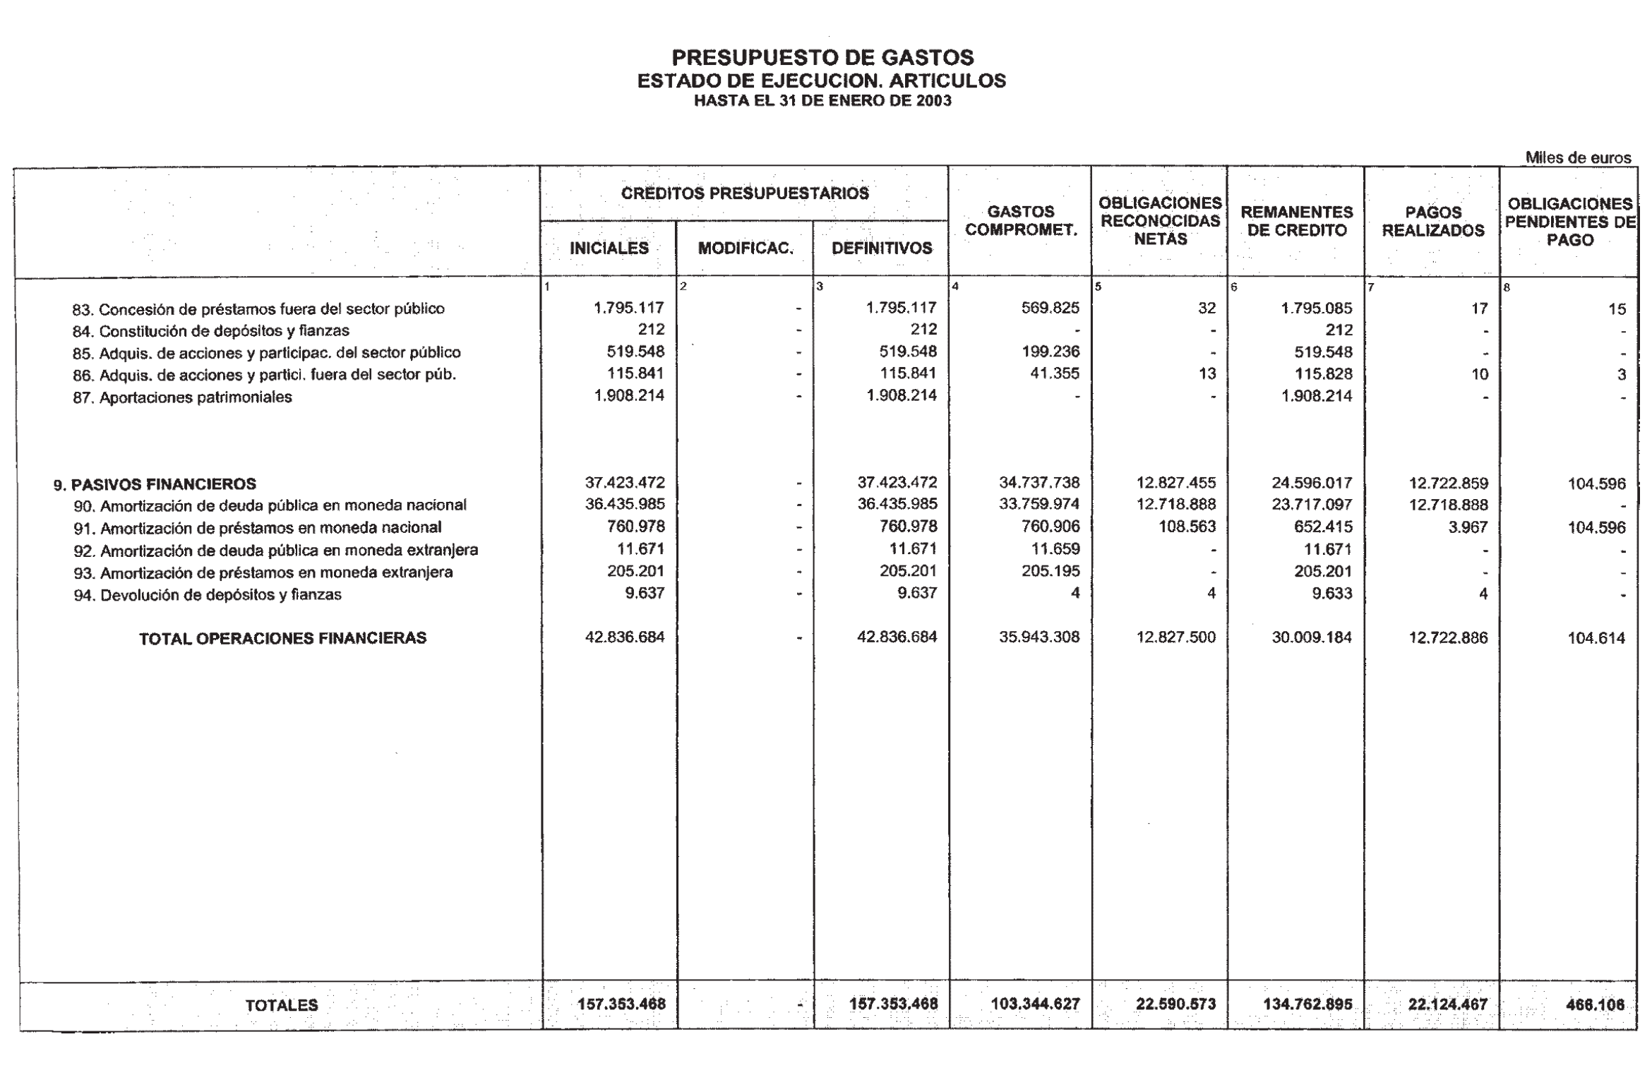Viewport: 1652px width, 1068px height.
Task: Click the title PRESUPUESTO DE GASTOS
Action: coord(822,57)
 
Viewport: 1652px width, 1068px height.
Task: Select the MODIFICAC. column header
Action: coord(746,248)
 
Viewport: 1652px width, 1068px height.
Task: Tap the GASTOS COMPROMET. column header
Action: coord(1021,220)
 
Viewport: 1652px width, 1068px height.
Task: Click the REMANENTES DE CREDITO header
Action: coord(1297,221)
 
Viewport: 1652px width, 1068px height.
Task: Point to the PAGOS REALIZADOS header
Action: coord(1433,222)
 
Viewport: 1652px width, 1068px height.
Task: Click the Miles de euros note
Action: coord(1578,157)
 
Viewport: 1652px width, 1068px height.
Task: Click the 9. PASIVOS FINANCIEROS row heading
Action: coord(155,484)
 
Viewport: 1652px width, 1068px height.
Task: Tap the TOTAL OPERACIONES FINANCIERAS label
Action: coord(282,639)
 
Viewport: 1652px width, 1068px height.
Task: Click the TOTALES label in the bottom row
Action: coord(282,1005)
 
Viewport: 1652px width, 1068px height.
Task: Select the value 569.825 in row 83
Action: coord(1051,308)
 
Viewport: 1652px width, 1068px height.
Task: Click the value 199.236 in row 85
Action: coord(1051,352)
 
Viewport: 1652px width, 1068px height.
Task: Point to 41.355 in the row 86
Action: coord(1055,374)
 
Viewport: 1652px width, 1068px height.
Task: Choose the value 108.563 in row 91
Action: coord(1187,527)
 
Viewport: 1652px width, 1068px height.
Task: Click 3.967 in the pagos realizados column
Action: coord(1468,527)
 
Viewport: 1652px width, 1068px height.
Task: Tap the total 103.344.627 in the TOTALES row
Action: coord(1036,1004)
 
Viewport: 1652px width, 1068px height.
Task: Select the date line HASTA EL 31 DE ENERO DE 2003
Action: coord(822,101)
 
